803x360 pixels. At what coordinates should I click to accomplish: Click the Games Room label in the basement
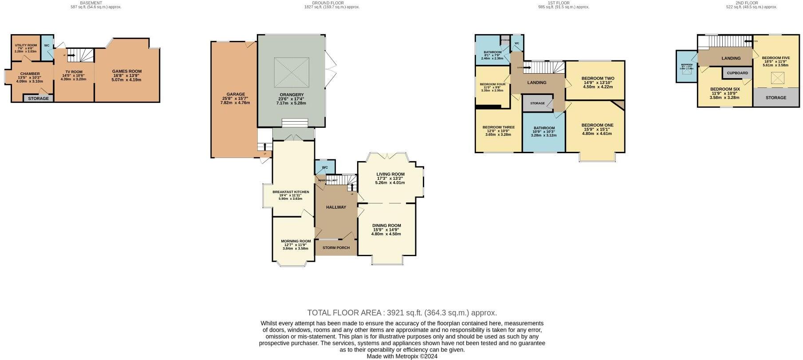point(126,71)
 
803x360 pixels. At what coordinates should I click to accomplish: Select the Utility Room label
point(26,45)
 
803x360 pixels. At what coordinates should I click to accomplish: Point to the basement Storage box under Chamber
point(39,98)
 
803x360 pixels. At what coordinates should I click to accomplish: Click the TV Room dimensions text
point(73,77)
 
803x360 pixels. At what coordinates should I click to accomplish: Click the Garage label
point(236,94)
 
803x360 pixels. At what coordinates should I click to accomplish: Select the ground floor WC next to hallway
point(325,167)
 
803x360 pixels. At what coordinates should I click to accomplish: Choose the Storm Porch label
point(336,248)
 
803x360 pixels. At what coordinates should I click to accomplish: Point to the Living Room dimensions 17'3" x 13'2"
point(390,178)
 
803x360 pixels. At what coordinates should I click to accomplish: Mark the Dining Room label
point(386,225)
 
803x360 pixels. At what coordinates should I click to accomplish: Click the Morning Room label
point(295,241)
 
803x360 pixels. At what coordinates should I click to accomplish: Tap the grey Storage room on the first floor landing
point(537,103)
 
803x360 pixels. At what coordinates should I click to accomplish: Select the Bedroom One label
point(597,125)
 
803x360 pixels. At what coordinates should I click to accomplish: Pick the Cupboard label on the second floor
point(737,73)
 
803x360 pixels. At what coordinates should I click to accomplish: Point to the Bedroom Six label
point(725,89)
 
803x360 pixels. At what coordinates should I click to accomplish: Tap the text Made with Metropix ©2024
point(402,356)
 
